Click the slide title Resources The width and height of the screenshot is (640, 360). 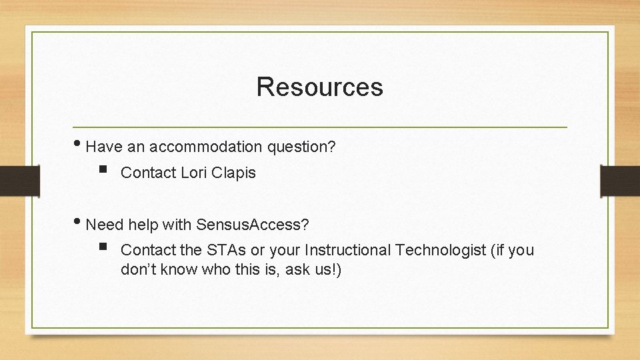319,87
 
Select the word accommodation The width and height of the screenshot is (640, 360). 207,146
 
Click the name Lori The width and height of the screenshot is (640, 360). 195,173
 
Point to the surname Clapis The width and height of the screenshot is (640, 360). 235,173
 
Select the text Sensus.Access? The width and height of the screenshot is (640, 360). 252,225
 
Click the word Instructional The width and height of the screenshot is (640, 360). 347,250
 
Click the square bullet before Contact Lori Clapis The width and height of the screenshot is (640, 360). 101,172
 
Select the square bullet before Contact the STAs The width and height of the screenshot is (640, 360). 101,249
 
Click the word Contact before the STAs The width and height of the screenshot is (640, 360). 149,250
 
